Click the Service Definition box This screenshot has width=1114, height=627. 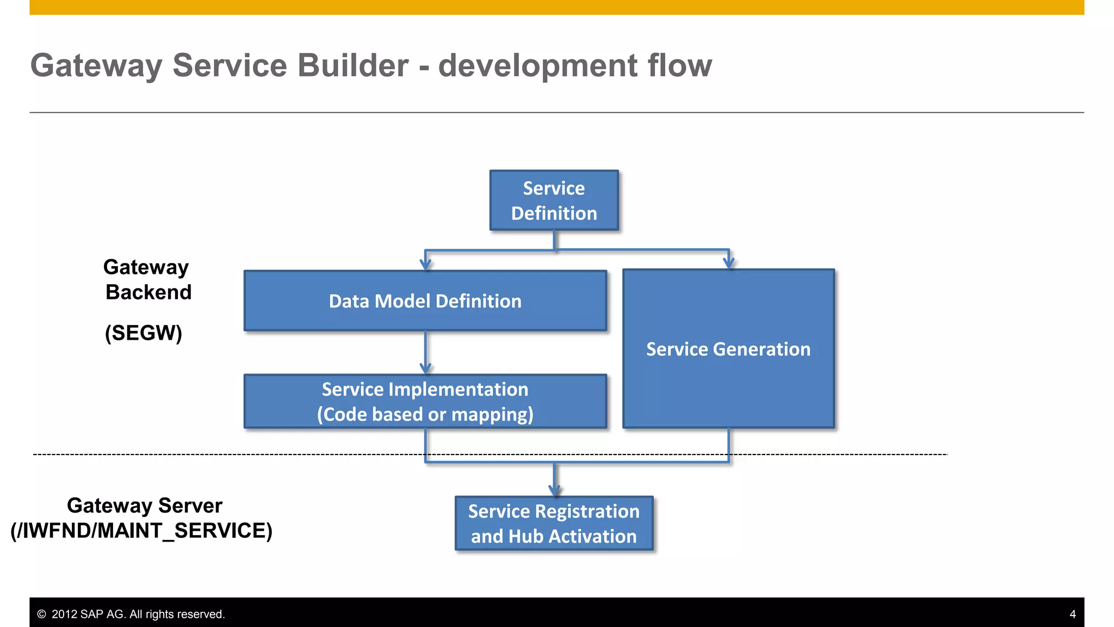pos(554,200)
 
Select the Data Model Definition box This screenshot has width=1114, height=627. pos(425,301)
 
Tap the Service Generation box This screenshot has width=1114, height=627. pos(728,349)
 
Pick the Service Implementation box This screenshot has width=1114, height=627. pos(425,402)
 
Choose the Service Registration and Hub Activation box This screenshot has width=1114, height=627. pos(554,524)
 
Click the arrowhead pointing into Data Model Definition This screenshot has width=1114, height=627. pos(425,265)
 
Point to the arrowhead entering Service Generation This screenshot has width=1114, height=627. pos(729,263)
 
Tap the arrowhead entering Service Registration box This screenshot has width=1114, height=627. pos(554,490)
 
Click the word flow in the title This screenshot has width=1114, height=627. pos(679,66)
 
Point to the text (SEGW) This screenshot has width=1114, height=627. pos(144,333)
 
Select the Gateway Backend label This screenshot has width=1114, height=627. pos(147,280)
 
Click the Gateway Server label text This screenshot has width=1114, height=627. pos(145,506)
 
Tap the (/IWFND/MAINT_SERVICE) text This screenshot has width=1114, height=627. pos(141,531)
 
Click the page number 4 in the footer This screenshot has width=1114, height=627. pos(1072,614)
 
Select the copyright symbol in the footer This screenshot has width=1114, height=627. pos(41,614)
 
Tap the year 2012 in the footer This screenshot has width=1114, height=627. pos(64,614)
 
